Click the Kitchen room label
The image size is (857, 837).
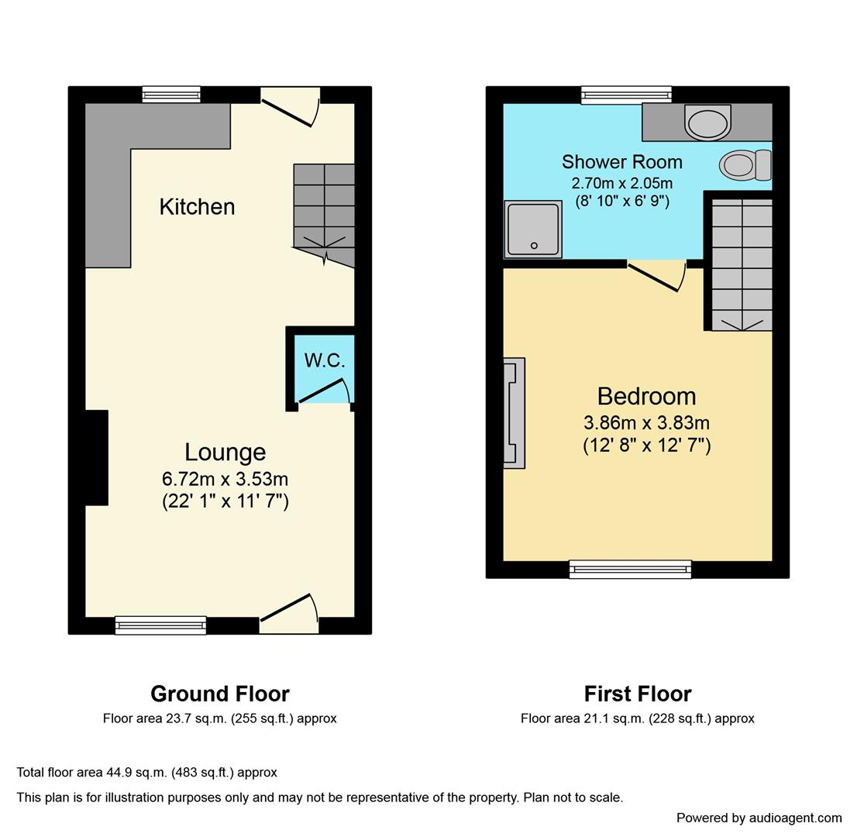click(x=197, y=207)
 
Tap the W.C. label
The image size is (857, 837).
click(x=325, y=360)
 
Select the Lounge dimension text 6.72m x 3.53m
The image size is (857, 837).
click(x=225, y=479)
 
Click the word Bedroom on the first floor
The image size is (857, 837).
click(x=646, y=396)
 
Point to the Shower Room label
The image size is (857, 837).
click(x=621, y=162)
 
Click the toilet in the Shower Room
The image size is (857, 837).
click(x=745, y=165)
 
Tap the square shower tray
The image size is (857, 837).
click(x=533, y=229)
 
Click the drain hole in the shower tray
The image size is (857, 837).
click(x=534, y=246)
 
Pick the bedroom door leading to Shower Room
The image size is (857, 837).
click(x=655, y=277)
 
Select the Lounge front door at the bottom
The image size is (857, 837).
click(x=288, y=608)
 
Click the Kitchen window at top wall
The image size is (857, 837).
click(x=171, y=95)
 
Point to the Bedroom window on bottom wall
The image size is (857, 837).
click(x=630, y=570)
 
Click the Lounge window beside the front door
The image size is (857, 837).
click(x=160, y=625)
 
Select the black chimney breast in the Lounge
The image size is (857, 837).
click(x=96, y=457)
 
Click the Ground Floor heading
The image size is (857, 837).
click(x=220, y=694)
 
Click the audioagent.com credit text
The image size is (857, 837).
click(x=759, y=818)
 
